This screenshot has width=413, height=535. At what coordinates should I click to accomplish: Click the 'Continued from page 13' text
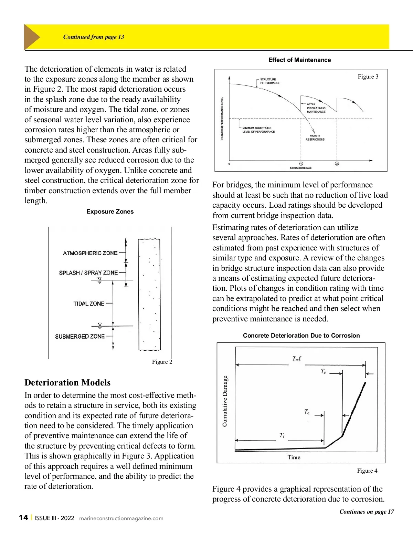94,37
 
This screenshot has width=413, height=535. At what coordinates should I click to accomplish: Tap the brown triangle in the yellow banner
31,37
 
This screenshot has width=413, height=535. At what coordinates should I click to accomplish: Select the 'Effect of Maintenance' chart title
299,60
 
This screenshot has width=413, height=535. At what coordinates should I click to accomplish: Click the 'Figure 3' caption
368,76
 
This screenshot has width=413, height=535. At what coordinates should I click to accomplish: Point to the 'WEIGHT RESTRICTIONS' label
315,137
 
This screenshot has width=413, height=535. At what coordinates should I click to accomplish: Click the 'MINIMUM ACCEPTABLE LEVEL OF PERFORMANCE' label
258,130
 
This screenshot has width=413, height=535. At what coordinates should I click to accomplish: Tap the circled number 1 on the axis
301,164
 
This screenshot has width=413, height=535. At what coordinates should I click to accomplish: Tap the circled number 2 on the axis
337,164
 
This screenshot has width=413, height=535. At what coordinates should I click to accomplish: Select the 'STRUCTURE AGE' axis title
300,168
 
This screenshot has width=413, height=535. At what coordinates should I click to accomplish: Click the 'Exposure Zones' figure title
110,212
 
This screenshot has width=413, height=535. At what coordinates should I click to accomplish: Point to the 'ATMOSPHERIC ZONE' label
90,253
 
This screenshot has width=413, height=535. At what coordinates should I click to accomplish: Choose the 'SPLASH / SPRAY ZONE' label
88,272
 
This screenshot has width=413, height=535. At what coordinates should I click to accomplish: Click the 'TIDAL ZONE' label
89,303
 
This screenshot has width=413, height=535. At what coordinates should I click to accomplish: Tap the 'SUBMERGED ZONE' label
80,336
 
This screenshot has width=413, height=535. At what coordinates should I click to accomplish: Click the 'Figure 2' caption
162,362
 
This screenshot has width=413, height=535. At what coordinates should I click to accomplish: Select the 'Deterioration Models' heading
67,382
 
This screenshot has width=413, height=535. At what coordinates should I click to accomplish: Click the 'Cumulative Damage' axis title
225,401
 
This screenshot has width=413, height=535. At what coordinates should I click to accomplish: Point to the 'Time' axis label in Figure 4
294,457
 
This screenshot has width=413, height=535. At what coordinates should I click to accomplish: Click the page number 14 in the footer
23,518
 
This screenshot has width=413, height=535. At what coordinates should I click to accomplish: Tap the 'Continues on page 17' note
367,512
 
